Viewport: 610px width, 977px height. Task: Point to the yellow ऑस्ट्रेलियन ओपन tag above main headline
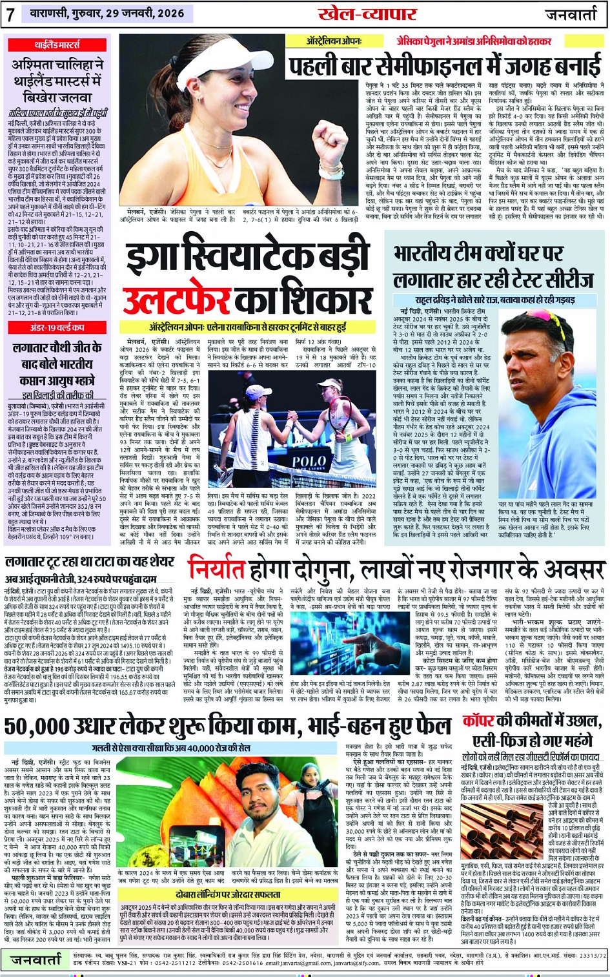(x=334, y=41)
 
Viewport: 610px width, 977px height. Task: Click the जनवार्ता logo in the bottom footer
(x=36, y=960)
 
